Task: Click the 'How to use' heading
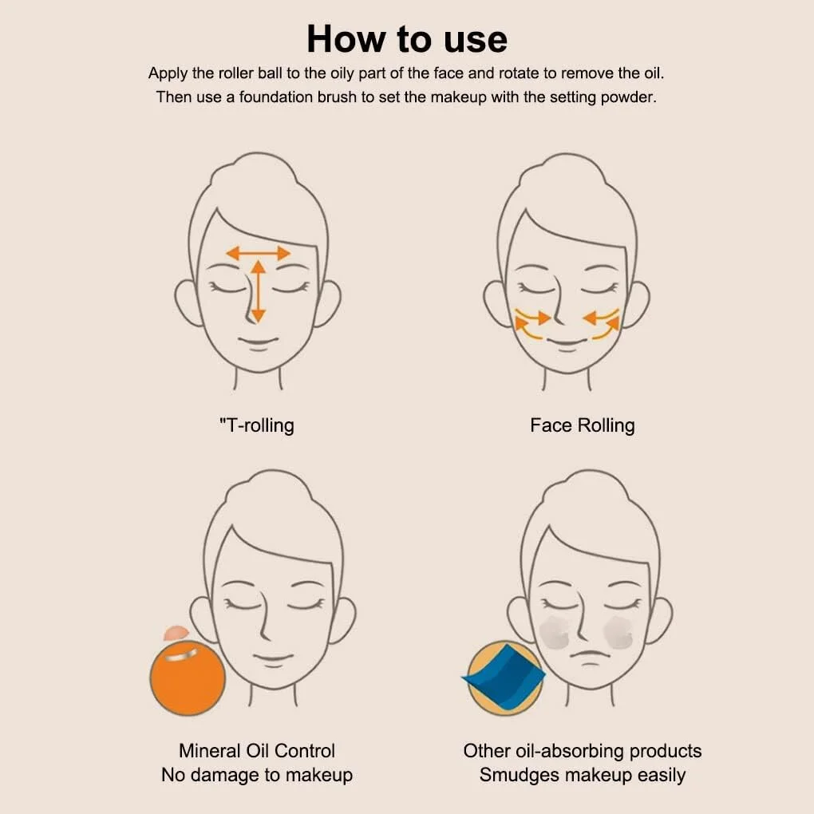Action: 407,39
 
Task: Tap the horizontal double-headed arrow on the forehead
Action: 258,253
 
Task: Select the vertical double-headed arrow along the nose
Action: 258,291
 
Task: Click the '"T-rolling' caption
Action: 256,425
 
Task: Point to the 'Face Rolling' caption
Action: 583,425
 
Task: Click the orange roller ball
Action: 188,678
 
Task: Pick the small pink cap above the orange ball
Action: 176,633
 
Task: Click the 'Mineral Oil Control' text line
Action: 257,751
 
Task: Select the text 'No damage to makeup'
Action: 257,775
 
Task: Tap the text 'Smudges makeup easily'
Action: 583,775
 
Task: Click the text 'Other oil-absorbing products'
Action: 583,751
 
